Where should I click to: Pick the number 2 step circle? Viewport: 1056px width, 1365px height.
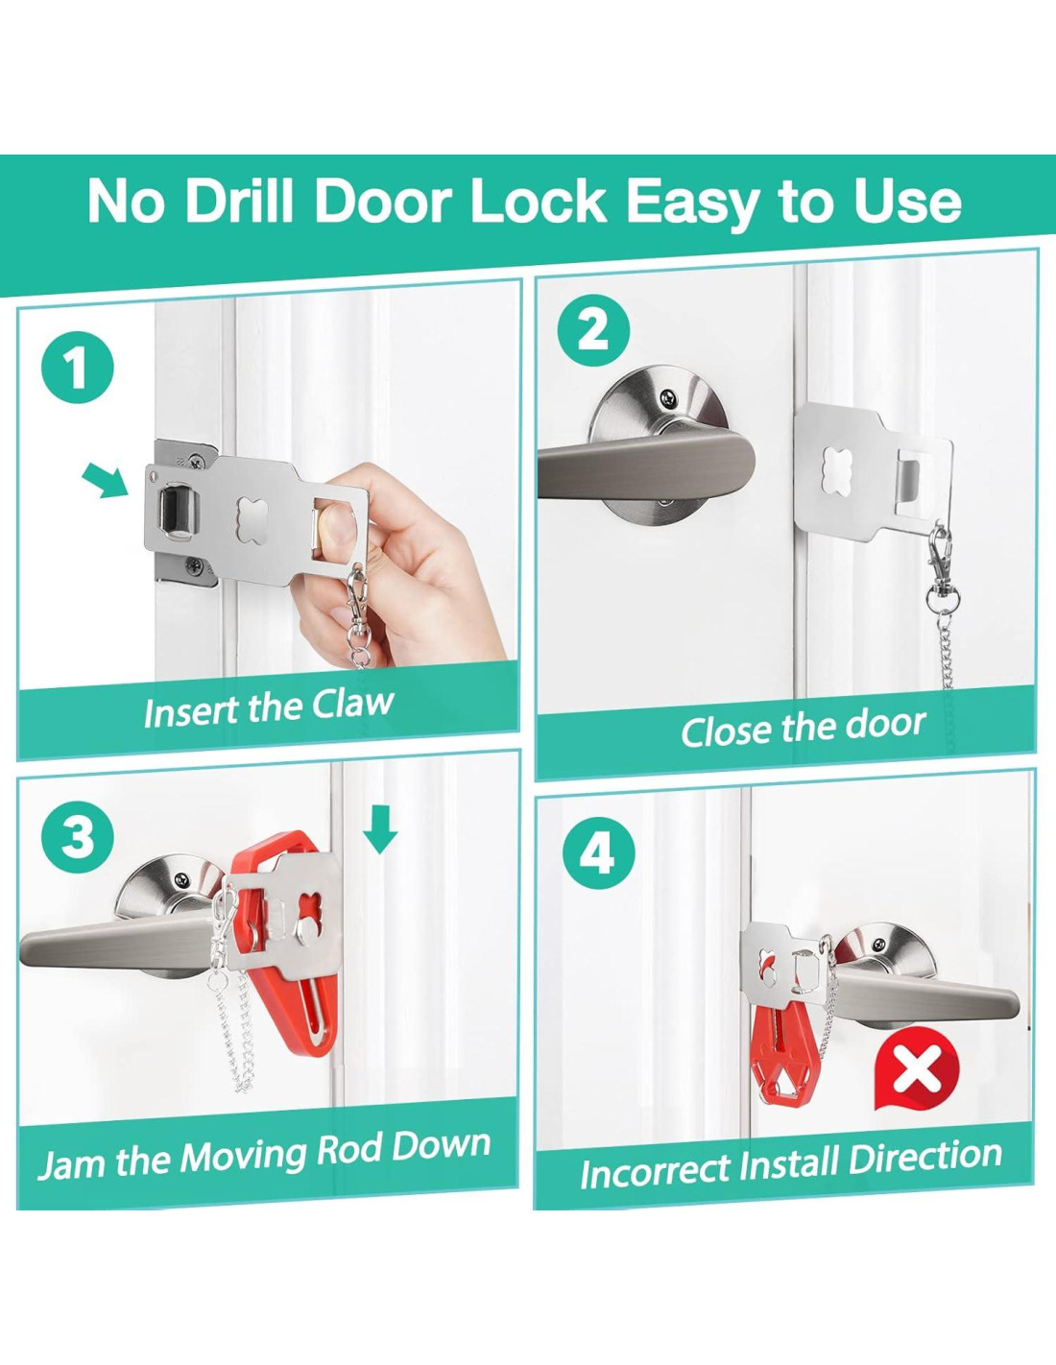[x=593, y=333]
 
